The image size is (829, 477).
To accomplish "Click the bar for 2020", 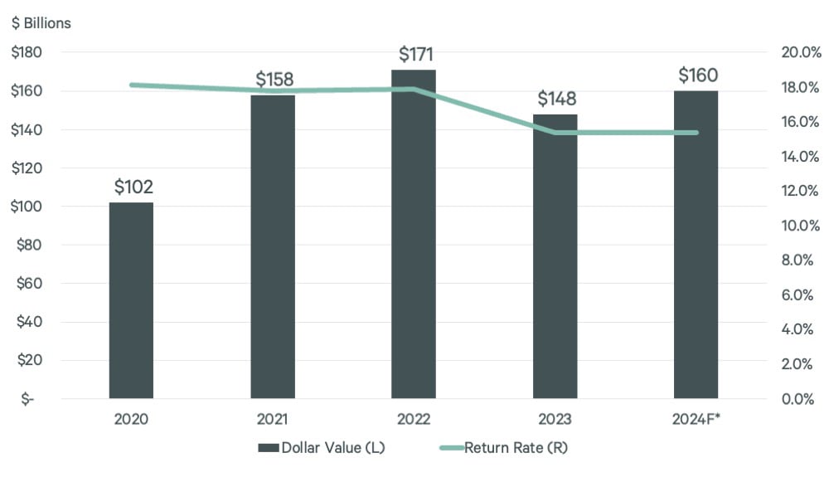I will [131, 300].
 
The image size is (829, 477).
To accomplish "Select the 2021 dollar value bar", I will [273, 247].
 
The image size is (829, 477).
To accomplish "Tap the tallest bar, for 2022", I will [414, 234].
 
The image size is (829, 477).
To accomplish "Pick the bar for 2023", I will [555, 256].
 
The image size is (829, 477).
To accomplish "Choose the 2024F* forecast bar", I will [696, 245].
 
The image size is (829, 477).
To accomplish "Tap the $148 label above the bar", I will [555, 100].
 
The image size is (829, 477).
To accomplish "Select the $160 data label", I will [697, 75].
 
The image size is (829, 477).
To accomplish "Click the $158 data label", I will [274, 80].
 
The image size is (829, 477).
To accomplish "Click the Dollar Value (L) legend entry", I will [322, 448].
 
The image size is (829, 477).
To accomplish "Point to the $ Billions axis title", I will [41, 23].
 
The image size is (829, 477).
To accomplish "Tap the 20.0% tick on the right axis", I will [801, 52].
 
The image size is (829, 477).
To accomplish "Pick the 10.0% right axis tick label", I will [801, 226].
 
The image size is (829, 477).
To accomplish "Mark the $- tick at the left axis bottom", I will [28, 399].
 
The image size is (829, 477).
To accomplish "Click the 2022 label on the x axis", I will [414, 420].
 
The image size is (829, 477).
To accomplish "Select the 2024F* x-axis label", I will [696, 420].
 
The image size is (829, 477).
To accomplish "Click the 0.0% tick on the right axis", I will [801, 399].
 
